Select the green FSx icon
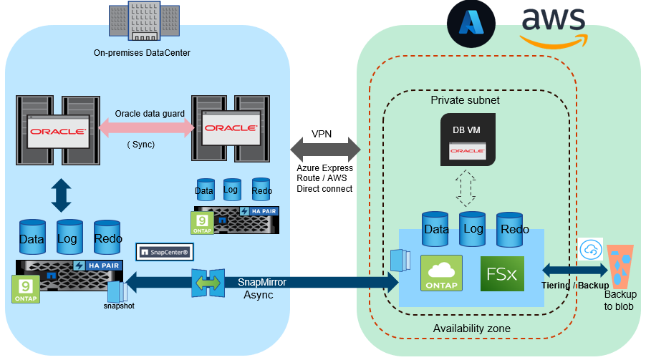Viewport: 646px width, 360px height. point(502,273)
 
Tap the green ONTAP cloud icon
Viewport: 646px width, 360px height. point(442,273)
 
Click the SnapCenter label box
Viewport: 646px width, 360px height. point(165,253)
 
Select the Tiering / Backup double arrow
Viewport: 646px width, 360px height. point(574,271)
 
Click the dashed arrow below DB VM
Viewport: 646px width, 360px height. point(466,188)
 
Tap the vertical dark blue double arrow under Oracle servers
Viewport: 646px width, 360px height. point(62,195)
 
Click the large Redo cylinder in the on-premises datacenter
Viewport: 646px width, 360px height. point(107,238)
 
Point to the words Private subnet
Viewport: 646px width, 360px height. point(465,100)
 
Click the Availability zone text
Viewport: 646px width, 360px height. point(471,328)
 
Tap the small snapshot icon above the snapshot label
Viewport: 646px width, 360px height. point(116,291)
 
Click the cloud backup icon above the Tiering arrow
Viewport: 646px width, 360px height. point(591,249)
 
